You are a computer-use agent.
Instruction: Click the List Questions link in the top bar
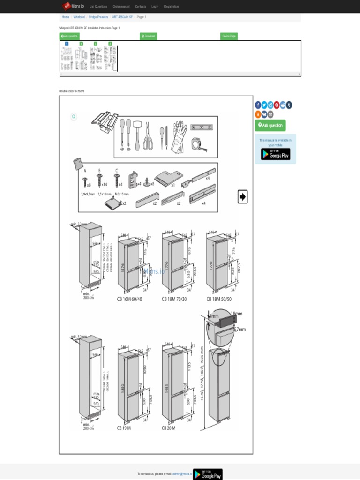tap(98, 7)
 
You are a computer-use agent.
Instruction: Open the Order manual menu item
tap(121, 7)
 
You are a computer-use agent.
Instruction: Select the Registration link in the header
tap(171, 7)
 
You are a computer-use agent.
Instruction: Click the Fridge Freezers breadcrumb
tap(98, 17)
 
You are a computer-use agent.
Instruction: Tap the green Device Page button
tap(229, 36)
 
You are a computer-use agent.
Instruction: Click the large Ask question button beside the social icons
tap(270, 125)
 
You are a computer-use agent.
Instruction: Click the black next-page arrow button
tap(242, 197)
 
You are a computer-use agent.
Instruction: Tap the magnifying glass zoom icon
tap(74, 117)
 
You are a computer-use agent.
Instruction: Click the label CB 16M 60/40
tap(133, 299)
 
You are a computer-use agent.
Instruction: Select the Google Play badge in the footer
tap(208, 474)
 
